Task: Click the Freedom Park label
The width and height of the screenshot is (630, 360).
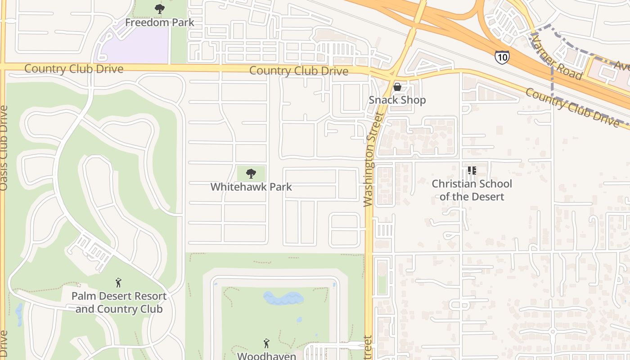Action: [x=159, y=22]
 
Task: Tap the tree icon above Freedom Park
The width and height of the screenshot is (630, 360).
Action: [x=159, y=9]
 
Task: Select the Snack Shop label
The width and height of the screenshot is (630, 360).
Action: [x=397, y=100]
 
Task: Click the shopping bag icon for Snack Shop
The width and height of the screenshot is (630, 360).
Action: [x=397, y=87]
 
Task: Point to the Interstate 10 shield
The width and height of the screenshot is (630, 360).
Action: [x=502, y=57]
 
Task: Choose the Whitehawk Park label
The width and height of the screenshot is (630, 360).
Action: [x=251, y=186]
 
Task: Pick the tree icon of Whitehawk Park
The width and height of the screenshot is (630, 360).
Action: [x=251, y=174]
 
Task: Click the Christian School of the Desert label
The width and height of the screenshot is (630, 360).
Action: [x=472, y=190]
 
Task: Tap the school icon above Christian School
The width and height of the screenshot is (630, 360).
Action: [x=472, y=171]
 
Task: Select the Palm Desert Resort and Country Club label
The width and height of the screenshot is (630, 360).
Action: [x=119, y=302]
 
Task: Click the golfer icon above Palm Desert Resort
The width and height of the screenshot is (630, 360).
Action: [x=118, y=283]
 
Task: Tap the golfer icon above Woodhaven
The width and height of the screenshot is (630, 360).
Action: [x=266, y=344]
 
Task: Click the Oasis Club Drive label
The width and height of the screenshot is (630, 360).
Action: [x=4, y=148]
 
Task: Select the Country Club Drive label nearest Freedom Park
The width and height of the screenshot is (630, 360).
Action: [x=73, y=69]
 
